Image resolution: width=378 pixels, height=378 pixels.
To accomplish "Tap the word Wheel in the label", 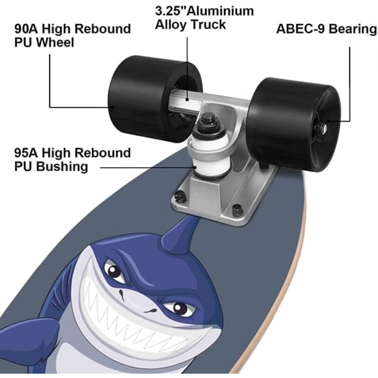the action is (56, 43).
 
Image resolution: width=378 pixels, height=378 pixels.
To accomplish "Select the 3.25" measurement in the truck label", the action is (171, 11).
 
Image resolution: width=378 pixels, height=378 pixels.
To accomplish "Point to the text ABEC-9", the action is (301, 29).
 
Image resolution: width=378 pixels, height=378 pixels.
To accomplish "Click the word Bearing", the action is (352, 29).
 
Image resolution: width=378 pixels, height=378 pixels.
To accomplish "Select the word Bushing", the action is (63, 167).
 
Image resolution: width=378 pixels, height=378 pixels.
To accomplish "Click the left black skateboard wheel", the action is (154, 98).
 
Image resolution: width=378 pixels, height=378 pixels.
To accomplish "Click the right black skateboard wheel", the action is (295, 124).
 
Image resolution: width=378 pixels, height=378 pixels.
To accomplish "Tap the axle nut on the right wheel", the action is (323, 127).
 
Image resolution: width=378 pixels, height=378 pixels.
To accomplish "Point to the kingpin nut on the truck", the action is (207, 119).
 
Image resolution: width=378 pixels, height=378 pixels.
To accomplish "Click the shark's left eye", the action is (113, 270).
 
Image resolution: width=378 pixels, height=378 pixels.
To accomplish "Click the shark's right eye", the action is (177, 308).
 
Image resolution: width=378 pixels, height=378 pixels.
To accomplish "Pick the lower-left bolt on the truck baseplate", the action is (180, 196).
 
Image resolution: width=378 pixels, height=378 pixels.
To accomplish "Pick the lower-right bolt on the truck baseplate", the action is (237, 210).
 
